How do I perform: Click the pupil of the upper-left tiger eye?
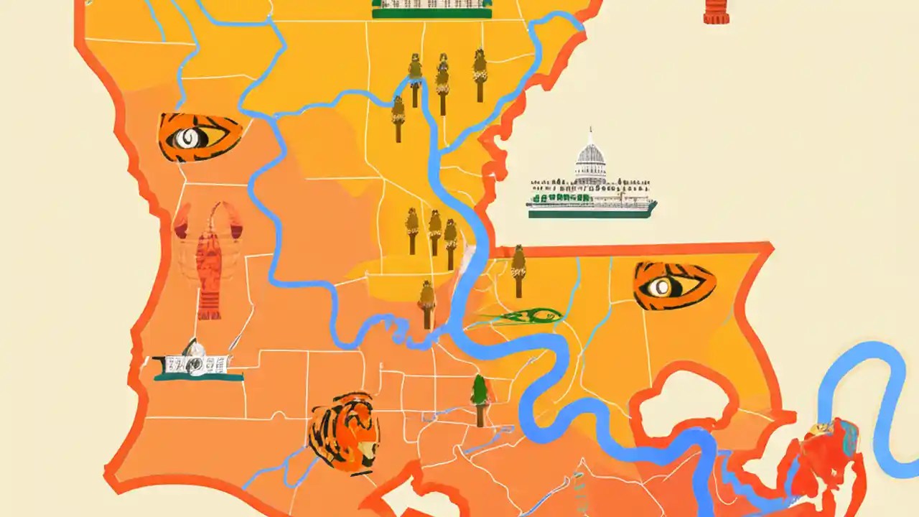(x=189, y=137)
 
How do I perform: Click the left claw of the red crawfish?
(x=182, y=219)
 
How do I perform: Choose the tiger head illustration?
(x=344, y=433)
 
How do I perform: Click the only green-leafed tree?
(x=480, y=399)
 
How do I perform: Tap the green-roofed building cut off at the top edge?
(x=431, y=8)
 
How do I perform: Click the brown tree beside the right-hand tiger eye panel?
(x=518, y=271)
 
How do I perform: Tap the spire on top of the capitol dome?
(x=590, y=134)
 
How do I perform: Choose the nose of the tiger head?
(x=366, y=452)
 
